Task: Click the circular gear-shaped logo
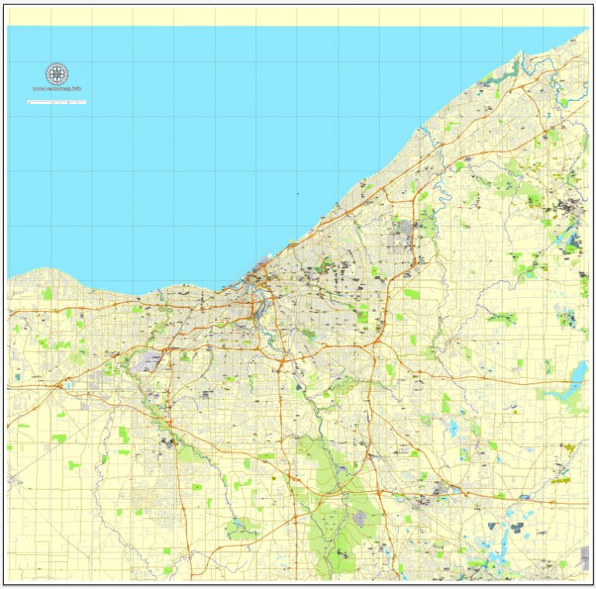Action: point(57,74)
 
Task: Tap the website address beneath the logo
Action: point(57,89)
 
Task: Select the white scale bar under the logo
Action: point(57,102)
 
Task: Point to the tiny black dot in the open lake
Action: point(297,193)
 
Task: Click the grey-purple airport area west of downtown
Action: point(148,359)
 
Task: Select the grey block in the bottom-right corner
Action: point(584,557)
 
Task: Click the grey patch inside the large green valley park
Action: point(359,517)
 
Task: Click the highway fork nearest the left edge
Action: point(58,384)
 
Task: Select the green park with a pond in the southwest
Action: point(241,529)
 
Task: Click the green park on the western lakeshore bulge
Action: point(47,294)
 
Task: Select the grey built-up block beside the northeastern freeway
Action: point(402,230)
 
